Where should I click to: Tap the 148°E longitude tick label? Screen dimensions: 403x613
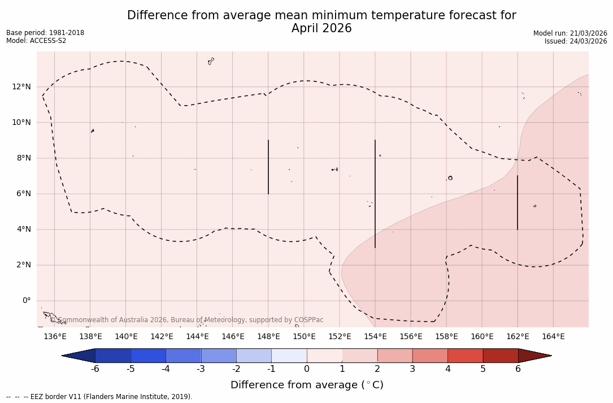pyautogui.click(x=268, y=337)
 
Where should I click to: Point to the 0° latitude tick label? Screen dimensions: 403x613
pyautogui.click(x=27, y=301)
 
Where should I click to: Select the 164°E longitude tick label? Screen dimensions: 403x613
pyautogui.click(x=553, y=337)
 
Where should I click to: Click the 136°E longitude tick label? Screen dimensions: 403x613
pyautogui.click(x=55, y=337)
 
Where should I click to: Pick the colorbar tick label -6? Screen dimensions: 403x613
pyautogui.click(x=95, y=369)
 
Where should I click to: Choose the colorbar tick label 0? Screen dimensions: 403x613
pyautogui.click(x=307, y=369)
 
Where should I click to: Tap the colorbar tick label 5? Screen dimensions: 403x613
pyautogui.click(x=483, y=369)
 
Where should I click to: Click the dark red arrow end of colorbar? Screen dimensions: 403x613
pyautogui.click(x=534, y=356)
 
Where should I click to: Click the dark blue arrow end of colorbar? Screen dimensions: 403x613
pyautogui.click(x=79, y=356)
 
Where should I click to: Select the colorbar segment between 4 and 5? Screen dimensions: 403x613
pyautogui.click(x=465, y=356)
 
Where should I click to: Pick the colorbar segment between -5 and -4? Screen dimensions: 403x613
pyautogui.click(x=148, y=356)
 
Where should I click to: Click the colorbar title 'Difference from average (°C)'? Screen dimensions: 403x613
pyautogui.click(x=307, y=385)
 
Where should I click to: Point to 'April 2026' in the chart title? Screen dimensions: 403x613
pyautogui.click(x=321, y=28)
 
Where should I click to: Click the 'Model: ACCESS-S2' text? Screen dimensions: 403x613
pyautogui.click(x=36, y=41)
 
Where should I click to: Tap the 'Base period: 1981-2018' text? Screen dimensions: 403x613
pyautogui.click(x=45, y=33)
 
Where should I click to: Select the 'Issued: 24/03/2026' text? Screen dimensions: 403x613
pyautogui.click(x=576, y=41)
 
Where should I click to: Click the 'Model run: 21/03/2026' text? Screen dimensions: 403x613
pyautogui.click(x=570, y=33)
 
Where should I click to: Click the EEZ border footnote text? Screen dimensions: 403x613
pyautogui.click(x=99, y=397)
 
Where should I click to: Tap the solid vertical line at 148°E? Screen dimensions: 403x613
pyautogui.click(x=268, y=167)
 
